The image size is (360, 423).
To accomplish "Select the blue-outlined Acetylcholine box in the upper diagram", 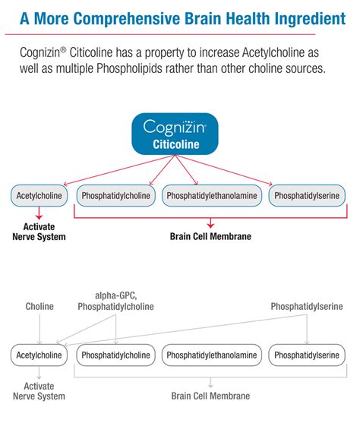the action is pos(39,195).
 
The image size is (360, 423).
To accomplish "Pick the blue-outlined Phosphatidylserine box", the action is pos(308,195).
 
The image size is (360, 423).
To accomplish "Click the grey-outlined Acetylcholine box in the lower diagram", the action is pos(39,354).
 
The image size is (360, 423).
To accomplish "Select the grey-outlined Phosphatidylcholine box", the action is pos(116,354).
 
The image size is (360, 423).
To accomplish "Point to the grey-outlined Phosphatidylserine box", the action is pos(308,354).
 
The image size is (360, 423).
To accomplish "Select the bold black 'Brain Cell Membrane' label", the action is pos(210,236).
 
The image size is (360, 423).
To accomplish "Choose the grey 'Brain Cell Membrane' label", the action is pos(210,395).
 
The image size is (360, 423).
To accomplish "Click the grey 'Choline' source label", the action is pos(39,306).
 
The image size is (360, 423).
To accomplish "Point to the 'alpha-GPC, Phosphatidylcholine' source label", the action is pos(116,301).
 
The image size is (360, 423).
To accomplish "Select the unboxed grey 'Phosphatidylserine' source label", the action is pos(307,306).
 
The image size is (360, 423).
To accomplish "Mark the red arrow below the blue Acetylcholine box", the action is pos(39,215).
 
